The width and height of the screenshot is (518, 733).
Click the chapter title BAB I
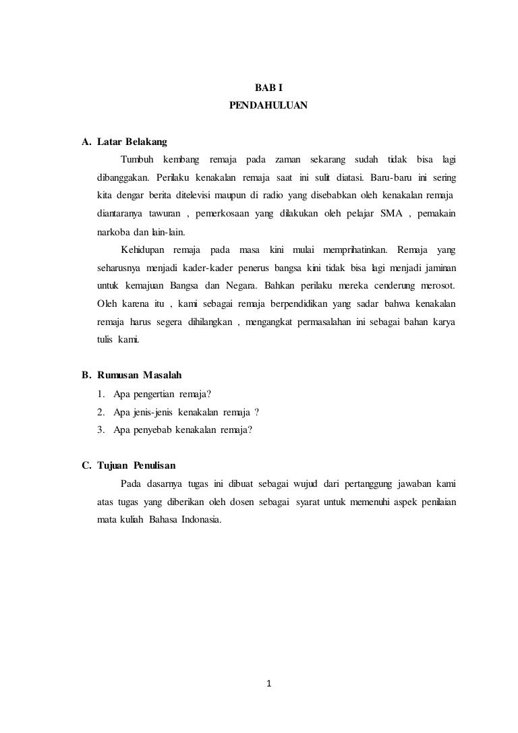coord(268,88)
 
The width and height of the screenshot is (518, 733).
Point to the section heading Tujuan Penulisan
coord(136,465)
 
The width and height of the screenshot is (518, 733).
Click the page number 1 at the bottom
coord(268,686)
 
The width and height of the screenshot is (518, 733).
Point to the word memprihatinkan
coord(353,250)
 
